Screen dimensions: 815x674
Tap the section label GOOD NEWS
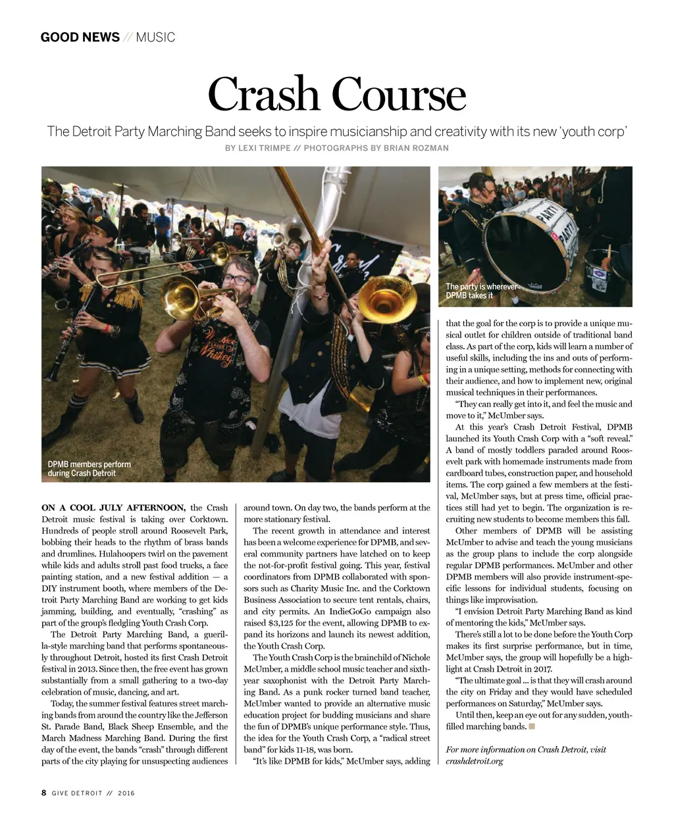click(x=80, y=37)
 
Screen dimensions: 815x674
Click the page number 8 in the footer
click(x=43, y=793)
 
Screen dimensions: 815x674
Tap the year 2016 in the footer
click(x=126, y=793)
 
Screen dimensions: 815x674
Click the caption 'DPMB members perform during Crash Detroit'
click(x=89, y=468)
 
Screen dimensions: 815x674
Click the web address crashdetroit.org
click(x=474, y=761)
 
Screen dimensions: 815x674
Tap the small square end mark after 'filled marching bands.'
click(x=532, y=726)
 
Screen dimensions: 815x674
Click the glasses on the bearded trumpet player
click(x=237, y=279)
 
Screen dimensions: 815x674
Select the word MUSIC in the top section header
click(x=155, y=37)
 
